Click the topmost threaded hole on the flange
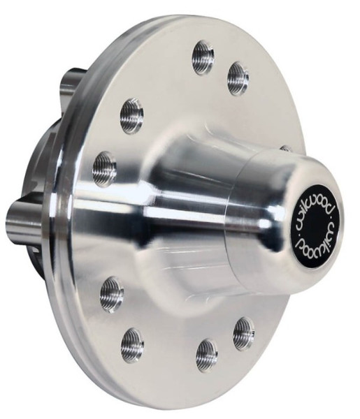(x=203, y=57)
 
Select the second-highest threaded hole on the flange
(x=238, y=78)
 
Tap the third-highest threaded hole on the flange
(x=131, y=116)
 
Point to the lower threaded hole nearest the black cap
(x=243, y=332)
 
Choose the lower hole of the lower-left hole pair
(x=132, y=344)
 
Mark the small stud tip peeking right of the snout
(x=286, y=148)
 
